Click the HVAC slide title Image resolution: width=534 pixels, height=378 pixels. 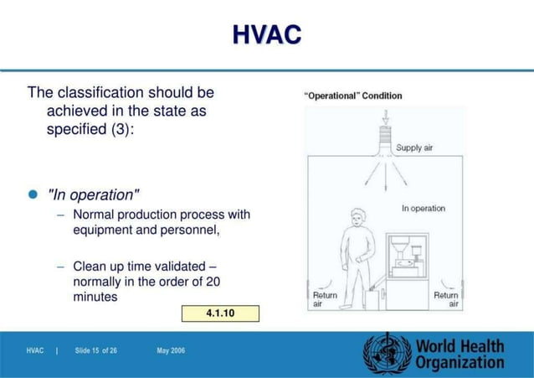tap(266, 35)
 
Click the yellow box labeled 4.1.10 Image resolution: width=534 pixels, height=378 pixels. tap(220, 313)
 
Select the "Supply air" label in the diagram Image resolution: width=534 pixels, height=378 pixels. tap(414, 148)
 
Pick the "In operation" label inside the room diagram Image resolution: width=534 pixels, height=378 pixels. tap(424, 208)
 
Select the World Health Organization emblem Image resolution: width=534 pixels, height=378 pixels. tap(387, 353)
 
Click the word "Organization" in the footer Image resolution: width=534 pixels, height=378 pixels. tap(460, 363)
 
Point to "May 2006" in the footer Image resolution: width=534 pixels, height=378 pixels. tap(171, 350)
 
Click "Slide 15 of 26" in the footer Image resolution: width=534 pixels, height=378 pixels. tap(95, 350)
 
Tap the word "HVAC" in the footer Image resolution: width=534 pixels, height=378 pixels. tap(35, 350)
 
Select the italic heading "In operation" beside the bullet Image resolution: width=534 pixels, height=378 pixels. tap(94, 195)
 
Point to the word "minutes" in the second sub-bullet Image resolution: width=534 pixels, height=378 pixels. tap(95, 297)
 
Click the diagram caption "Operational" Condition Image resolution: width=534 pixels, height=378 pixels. tap(352, 96)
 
